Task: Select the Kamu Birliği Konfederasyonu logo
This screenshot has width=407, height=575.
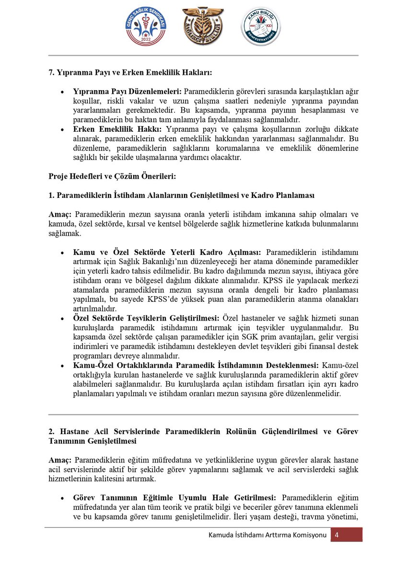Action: click(x=261, y=27)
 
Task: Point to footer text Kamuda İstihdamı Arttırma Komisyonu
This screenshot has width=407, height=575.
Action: click(x=267, y=535)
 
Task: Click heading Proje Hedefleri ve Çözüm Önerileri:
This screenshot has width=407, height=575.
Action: click(x=112, y=176)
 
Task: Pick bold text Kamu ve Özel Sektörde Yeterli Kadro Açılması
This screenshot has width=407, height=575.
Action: click(x=166, y=252)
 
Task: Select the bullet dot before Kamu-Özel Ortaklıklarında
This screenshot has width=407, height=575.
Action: click(x=62, y=366)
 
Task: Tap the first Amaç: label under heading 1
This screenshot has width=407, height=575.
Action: click(x=60, y=214)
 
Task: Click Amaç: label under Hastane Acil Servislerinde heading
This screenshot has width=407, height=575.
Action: click(x=60, y=460)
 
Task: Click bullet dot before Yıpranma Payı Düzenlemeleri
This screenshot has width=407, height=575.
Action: click(x=62, y=91)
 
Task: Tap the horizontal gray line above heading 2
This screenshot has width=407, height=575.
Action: click(x=203, y=414)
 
